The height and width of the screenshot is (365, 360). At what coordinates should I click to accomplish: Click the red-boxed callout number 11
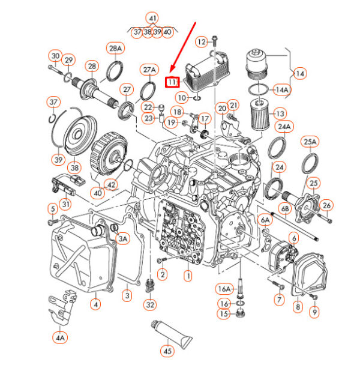[172, 82]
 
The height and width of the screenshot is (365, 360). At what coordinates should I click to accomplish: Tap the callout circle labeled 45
[167, 351]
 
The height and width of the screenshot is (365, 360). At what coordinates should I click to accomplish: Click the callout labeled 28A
[115, 49]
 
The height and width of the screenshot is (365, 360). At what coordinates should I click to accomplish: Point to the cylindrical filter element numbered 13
[260, 114]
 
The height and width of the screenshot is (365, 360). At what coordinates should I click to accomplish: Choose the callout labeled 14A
[282, 90]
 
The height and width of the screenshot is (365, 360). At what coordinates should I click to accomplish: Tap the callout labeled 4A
[60, 337]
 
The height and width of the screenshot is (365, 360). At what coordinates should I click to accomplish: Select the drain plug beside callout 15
[239, 313]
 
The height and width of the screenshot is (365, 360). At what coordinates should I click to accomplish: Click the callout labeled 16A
[224, 289]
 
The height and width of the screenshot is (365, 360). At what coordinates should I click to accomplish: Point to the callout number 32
[150, 305]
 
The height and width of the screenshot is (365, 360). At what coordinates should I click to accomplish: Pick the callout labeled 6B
[285, 209]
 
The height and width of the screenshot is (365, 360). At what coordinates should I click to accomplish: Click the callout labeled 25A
[310, 142]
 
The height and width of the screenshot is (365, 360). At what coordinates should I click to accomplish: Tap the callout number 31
[66, 204]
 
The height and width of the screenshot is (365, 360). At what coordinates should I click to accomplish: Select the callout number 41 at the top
[152, 18]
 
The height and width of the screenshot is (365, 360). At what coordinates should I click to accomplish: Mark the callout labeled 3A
[123, 238]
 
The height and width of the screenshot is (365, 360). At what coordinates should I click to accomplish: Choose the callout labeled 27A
[149, 70]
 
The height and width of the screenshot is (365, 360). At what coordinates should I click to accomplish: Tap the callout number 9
[314, 312]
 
